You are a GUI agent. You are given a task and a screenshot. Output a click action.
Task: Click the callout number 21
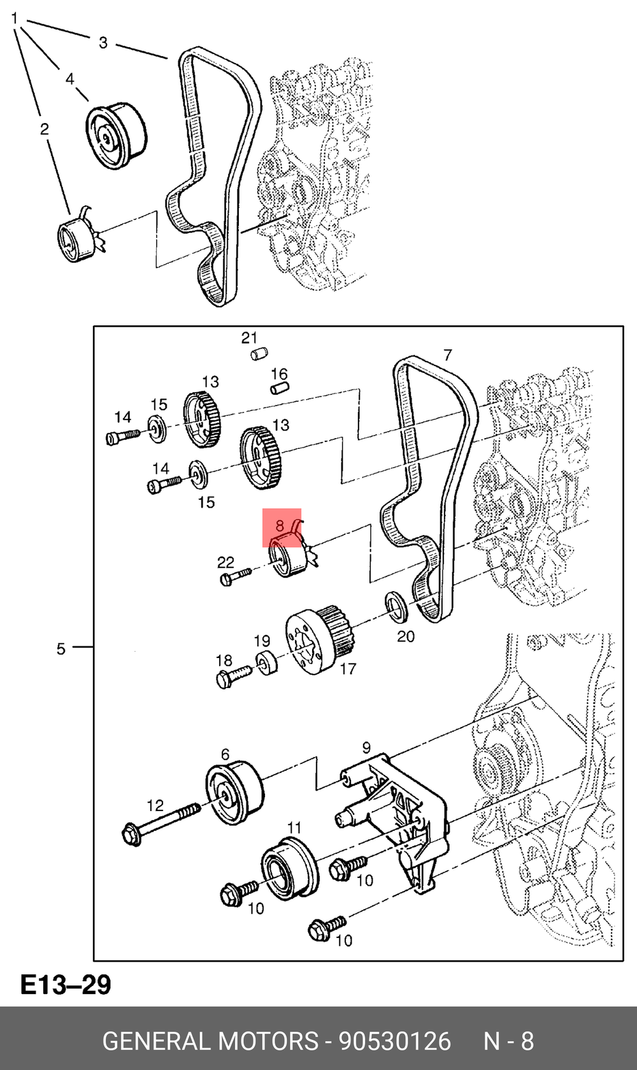[x=249, y=338]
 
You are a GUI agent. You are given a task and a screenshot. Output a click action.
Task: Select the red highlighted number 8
[x=280, y=525]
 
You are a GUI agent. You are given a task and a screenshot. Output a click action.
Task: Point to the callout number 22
[x=225, y=562]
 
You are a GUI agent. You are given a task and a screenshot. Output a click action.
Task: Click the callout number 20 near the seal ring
[x=406, y=636]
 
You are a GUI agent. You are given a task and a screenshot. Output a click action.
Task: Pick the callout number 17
[x=348, y=669]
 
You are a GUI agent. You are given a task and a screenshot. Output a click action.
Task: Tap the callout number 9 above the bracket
[x=366, y=747]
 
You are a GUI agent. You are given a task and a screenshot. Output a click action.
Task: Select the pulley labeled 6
[x=234, y=793]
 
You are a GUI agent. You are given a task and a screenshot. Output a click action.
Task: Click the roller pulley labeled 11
[x=289, y=868]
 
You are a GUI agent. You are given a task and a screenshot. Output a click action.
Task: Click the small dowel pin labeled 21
[x=259, y=354]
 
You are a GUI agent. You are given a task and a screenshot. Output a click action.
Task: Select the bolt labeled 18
[x=233, y=677]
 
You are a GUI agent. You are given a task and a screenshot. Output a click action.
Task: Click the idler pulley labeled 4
[x=116, y=135]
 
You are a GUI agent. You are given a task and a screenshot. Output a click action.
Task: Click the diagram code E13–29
[x=66, y=985]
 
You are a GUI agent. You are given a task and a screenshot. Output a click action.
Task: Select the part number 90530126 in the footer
[x=394, y=1041]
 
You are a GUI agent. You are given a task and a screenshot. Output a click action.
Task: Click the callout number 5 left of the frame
[x=61, y=649]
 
